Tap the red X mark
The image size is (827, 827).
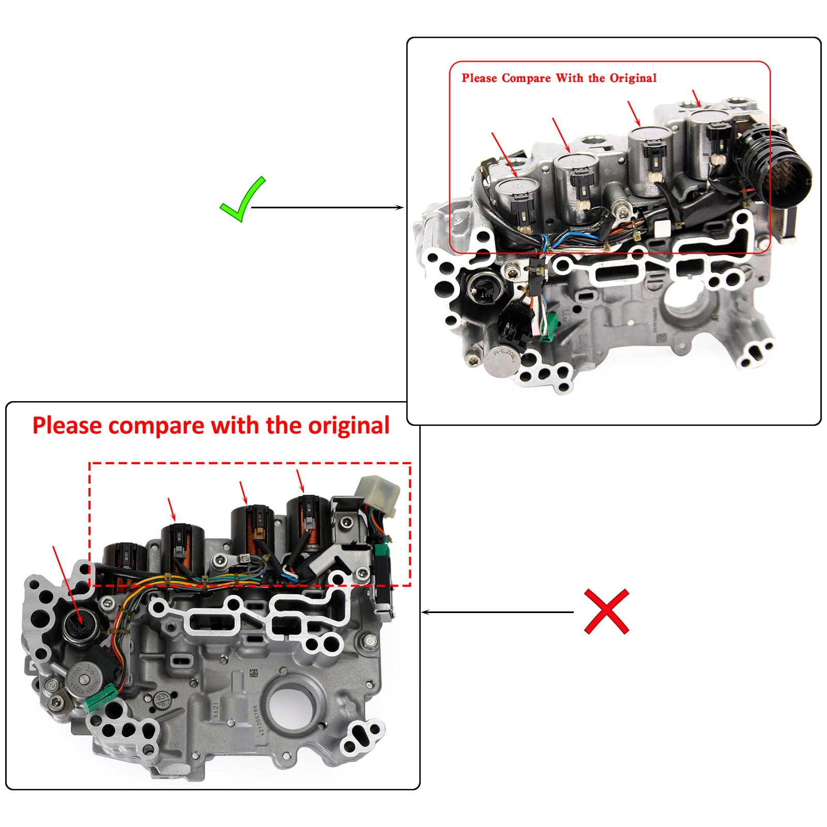point(606,611)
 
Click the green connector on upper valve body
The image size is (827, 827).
point(551,327)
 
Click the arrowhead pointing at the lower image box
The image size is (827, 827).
point(426,612)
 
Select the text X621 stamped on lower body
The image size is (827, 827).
point(216,710)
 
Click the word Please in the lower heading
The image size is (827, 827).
point(67,426)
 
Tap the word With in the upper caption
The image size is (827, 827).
point(569,78)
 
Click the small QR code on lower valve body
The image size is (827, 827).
point(253,673)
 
